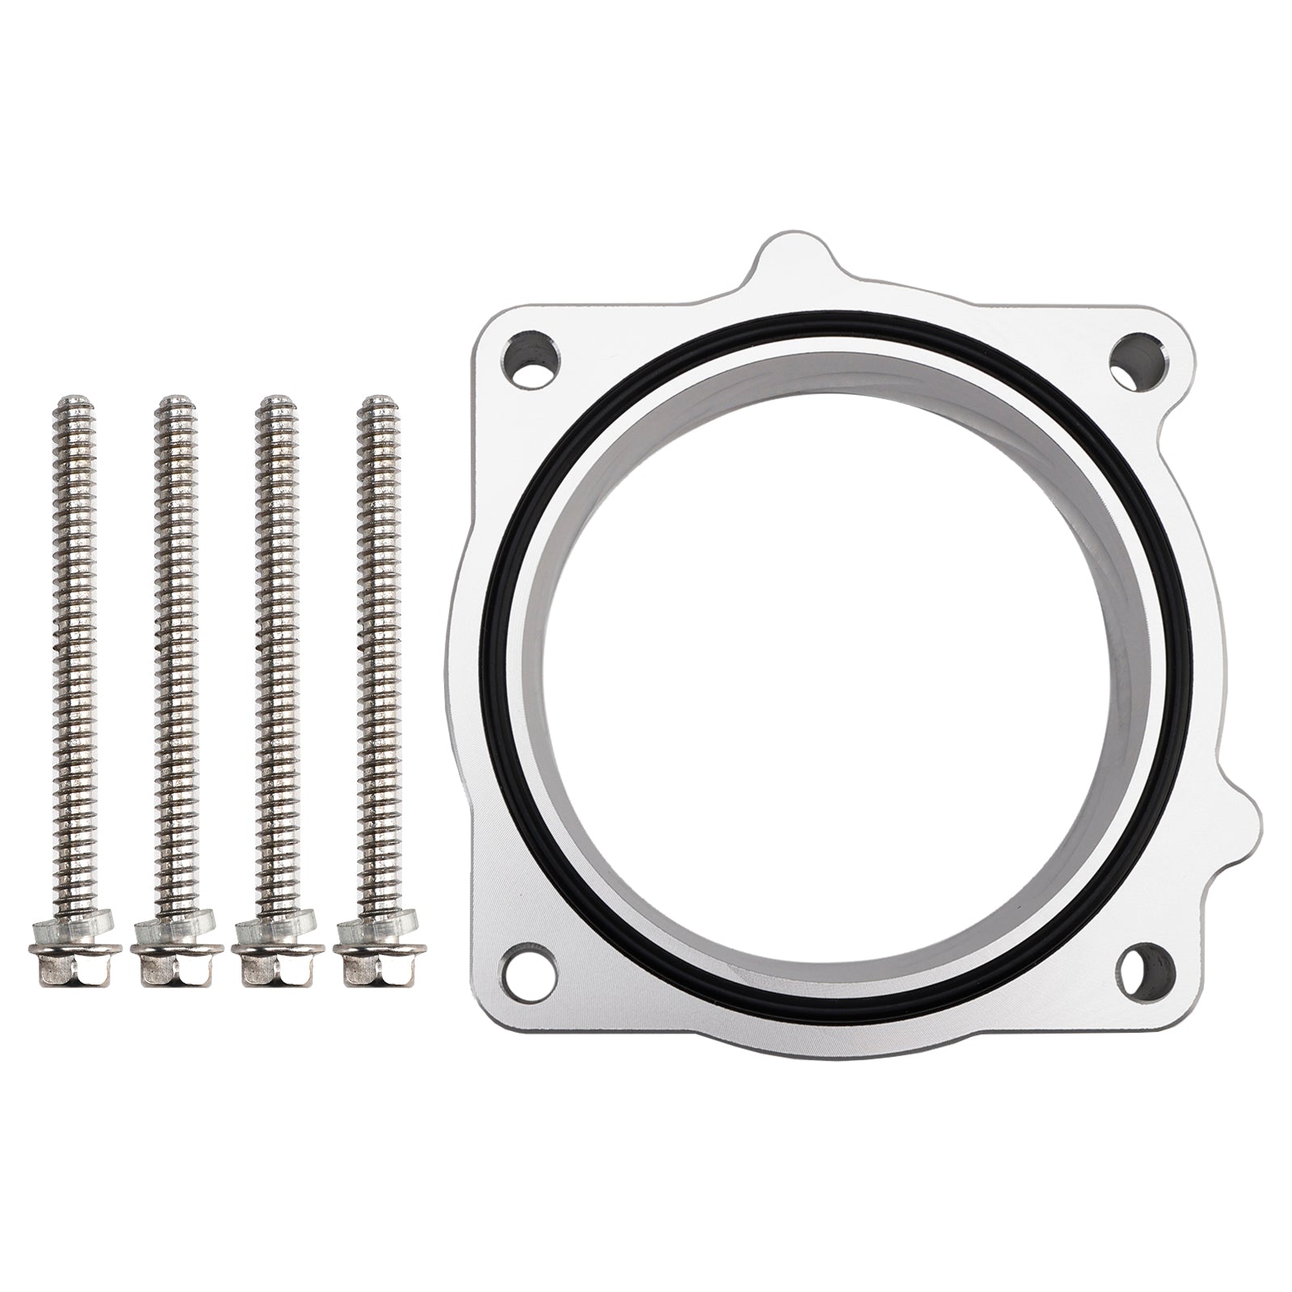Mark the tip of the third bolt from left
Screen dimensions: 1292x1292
[x=275, y=399]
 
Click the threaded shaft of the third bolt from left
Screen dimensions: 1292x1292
[x=274, y=646]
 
